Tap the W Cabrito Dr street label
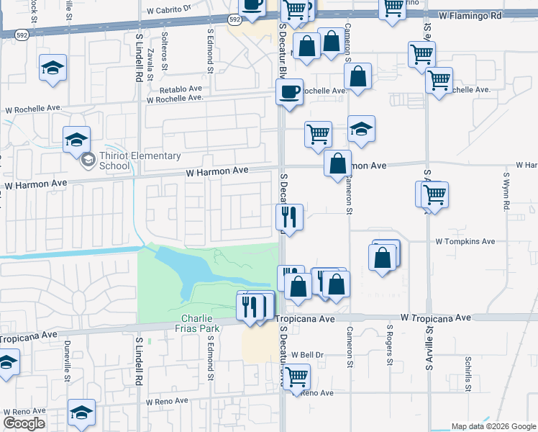coord(169,11)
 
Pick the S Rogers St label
coord(390,342)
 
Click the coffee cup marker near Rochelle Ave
coord(290,93)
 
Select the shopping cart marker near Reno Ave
coord(296,377)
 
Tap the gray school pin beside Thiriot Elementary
coord(88,158)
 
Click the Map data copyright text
coord(493,426)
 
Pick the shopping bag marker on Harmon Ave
coord(337,164)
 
